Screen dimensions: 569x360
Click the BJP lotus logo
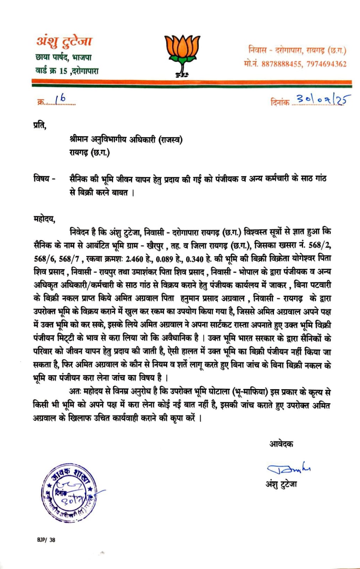(x=182, y=53)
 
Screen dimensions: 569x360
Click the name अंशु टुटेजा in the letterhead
(x=64, y=41)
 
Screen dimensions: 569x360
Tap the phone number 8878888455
(x=281, y=64)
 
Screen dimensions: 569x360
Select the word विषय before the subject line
(x=42, y=179)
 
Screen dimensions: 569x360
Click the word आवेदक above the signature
(x=281, y=444)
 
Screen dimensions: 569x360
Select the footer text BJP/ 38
(x=46, y=540)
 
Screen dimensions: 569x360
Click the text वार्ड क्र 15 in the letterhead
(x=51, y=71)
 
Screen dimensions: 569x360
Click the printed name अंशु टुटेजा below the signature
(x=281, y=484)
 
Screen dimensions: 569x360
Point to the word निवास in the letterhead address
(x=257, y=50)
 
